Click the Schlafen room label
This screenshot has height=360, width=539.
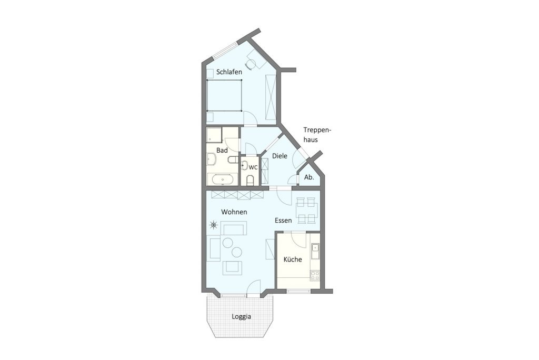[229, 72]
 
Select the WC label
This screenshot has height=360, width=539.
[253, 167]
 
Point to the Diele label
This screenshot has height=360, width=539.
[280, 156]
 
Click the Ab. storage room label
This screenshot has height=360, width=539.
[309, 177]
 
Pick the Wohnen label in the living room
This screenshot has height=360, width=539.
[234, 212]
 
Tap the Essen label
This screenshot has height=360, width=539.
[283, 221]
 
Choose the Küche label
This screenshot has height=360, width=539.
[292, 259]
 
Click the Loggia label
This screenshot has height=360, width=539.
[241, 317]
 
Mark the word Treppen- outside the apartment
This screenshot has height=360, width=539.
[319, 129]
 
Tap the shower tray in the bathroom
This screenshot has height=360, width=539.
[214, 135]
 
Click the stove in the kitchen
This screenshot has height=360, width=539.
[315, 275]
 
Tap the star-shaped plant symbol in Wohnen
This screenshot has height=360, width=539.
[214, 226]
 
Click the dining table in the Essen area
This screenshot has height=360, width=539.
[306, 209]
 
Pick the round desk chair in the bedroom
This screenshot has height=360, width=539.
[251, 64]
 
